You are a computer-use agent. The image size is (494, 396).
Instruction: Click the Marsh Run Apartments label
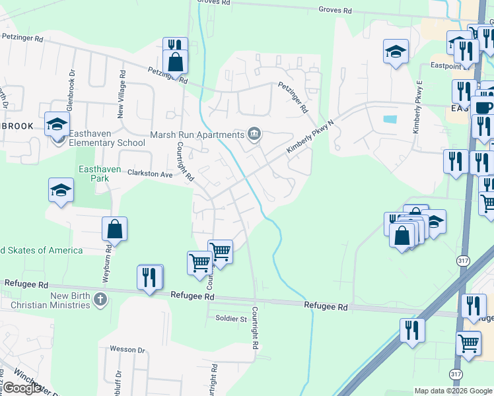[197, 135]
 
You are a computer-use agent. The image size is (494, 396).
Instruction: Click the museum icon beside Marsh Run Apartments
[254, 135]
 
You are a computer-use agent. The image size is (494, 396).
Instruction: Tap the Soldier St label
[230, 319]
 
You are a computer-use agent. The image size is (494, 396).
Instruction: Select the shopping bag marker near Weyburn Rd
[114, 229]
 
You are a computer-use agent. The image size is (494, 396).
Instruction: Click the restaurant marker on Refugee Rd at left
[151, 277]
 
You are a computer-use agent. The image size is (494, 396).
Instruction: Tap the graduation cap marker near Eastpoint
[396, 51]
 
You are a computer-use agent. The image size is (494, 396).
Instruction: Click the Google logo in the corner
[21, 388]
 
